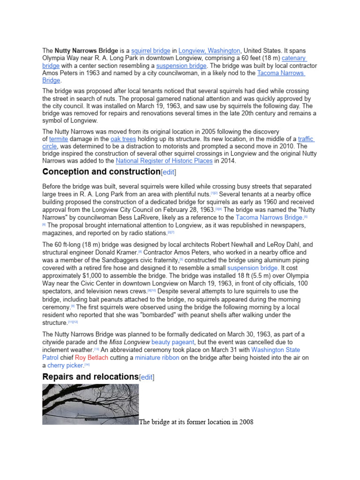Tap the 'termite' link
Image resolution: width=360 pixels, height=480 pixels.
59,139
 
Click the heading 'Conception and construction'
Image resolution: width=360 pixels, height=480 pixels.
101,172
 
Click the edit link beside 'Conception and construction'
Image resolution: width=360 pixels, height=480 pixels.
169,172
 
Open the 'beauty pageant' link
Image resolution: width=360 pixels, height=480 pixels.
172,342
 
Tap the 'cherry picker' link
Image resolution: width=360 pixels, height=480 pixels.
65,365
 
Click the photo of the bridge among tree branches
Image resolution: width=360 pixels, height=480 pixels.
90,404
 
